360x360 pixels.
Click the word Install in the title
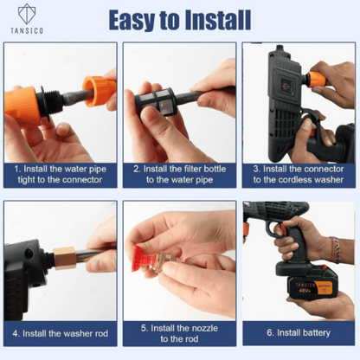point(219,18)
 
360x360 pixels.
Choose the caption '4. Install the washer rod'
point(61,331)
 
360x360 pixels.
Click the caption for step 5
point(179,331)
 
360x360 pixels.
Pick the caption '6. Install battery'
point(299,331)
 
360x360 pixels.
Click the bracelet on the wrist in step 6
point(334,250)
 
